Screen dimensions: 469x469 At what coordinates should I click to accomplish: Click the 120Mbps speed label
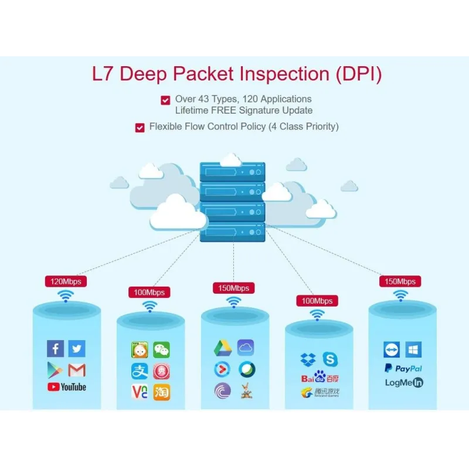(66, 281)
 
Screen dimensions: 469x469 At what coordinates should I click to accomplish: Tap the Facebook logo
(55, 349)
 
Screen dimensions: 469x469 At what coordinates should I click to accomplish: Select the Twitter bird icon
(76, 349)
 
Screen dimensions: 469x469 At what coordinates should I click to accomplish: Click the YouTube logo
(66, 387)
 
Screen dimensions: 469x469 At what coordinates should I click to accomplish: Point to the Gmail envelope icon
(77, 370)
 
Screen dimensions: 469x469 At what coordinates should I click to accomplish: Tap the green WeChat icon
(161, 351)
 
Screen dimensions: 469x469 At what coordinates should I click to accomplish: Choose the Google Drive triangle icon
(223, 348)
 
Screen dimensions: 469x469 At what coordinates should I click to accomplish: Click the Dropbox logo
(308, 359)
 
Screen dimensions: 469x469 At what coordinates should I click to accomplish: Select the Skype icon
(330, 359)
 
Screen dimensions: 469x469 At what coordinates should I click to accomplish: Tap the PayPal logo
(403, 368)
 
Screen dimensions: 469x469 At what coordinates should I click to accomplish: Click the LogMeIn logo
(404, 382)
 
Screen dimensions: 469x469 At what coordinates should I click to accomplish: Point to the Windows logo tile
(414, 350)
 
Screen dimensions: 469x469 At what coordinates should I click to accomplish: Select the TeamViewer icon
(392, 350)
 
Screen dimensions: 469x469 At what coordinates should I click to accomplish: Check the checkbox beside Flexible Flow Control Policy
(140, 128)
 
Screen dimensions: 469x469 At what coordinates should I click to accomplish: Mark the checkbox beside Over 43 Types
(165, 100)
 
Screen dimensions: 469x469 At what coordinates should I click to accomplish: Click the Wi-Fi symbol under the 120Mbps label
(65, 297)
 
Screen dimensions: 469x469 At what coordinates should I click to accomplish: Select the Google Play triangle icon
(55, 370)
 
